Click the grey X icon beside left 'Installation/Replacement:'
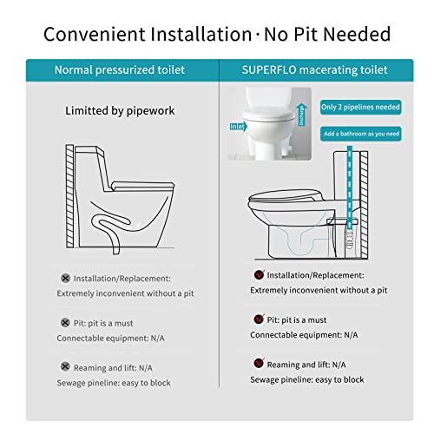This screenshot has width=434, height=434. pyautogui.click(x=64, y=279)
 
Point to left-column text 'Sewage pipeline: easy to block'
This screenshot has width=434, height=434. pyautogui.click(x=114, y=382)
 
